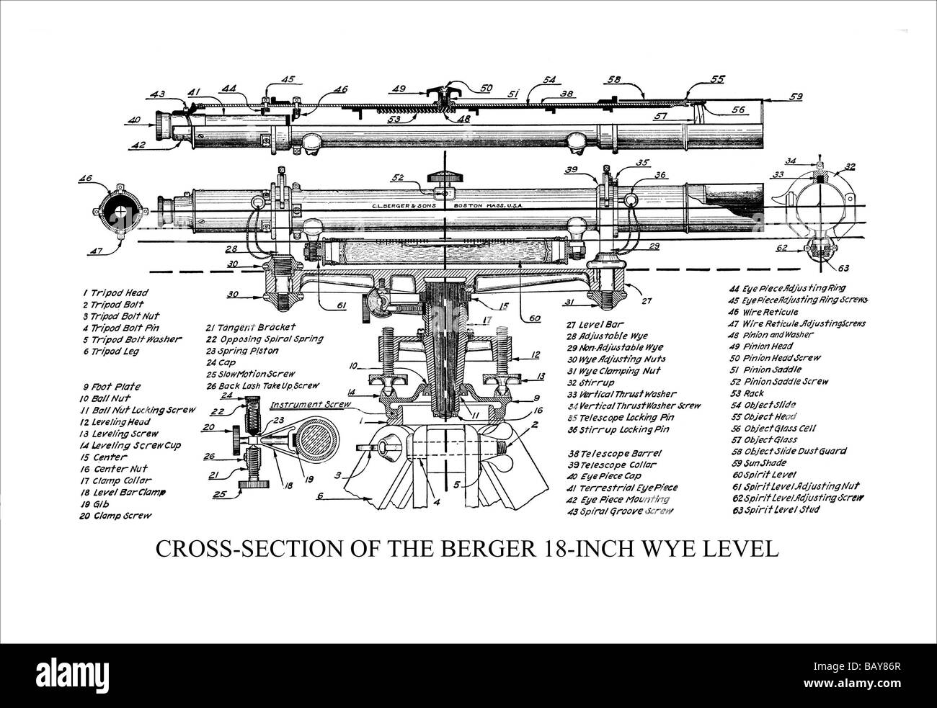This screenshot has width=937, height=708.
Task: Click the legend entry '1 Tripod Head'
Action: pos(115,293)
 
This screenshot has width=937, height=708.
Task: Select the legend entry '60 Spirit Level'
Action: pos(765,475)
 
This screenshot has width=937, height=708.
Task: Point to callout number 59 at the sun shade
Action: pos(796,95)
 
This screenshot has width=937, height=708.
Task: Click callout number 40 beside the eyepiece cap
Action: pos(133,121)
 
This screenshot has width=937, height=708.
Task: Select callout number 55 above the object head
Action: pos(718,80)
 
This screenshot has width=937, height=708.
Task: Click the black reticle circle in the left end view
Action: pos(117,212)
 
